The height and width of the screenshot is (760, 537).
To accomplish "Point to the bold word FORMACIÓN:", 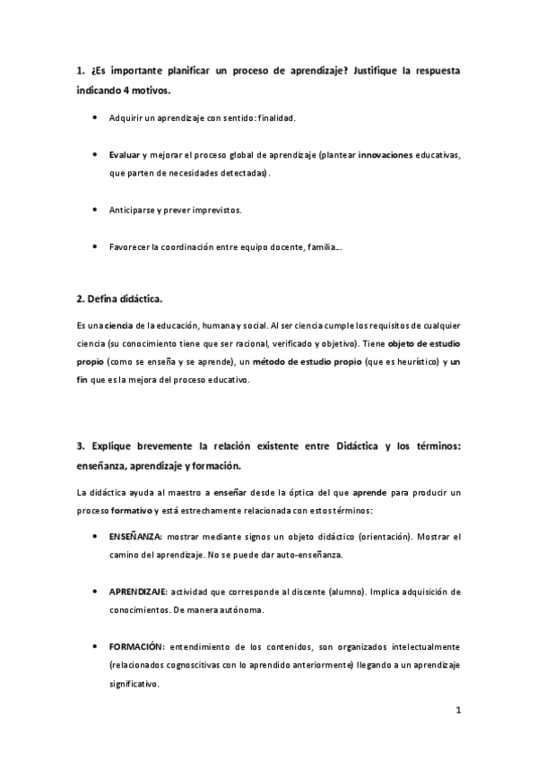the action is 137,646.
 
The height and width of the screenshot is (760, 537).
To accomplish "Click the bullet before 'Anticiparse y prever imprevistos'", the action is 96,209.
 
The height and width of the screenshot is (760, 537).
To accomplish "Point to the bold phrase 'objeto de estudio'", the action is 426,343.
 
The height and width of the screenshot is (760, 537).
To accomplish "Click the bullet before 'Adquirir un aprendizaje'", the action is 96,117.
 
